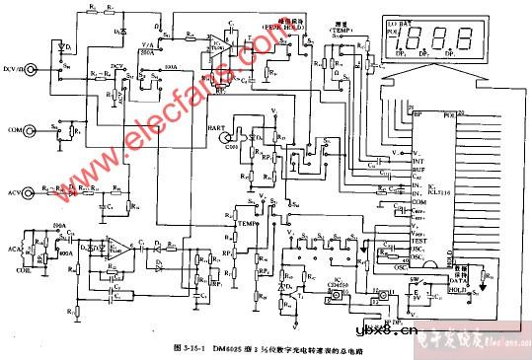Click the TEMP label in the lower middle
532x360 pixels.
pyautogui.click(x=247, y=224)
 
